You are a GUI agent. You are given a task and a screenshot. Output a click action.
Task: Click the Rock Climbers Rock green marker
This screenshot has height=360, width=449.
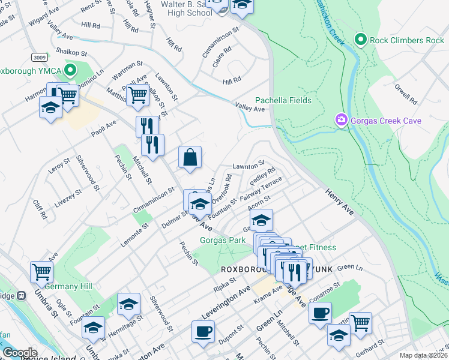coord(360,40)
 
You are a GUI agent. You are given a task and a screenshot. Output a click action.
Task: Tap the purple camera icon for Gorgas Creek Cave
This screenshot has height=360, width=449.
coord(342,121)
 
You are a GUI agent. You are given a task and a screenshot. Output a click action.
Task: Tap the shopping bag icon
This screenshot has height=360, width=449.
coord(190,157)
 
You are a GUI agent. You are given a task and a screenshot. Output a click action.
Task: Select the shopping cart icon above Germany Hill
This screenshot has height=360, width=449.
coord(42,272)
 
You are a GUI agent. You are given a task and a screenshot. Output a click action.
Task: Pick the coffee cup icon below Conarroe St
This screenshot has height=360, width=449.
coord(320,312)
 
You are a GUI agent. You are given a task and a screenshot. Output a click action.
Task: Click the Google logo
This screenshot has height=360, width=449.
coord(20,353)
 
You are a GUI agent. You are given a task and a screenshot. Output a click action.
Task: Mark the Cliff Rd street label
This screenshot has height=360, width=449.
coord(40,209)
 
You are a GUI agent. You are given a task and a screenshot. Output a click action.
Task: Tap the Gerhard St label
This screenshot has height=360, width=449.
coord(369,347)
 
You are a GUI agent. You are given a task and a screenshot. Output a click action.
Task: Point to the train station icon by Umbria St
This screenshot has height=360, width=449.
coord(22,296)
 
